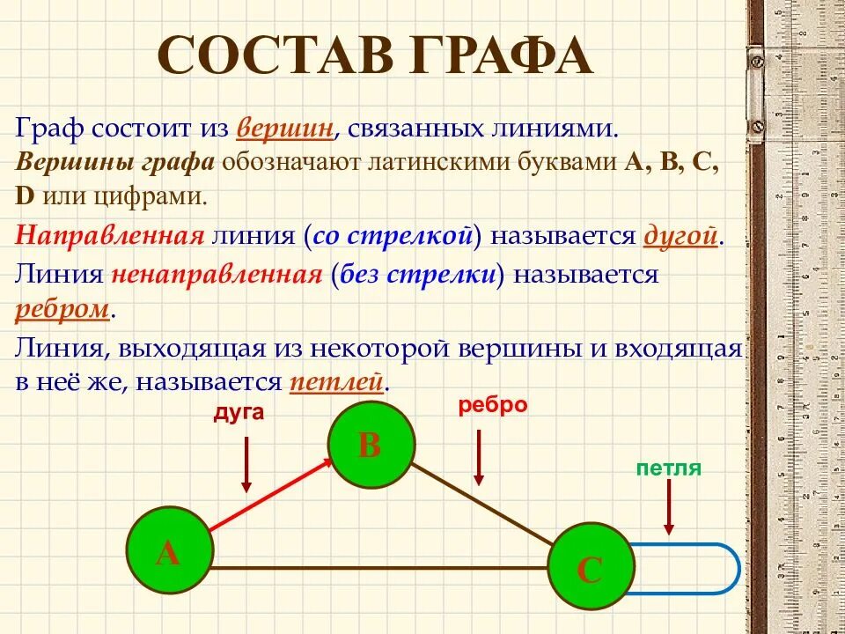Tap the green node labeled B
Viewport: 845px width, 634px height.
point(371,444)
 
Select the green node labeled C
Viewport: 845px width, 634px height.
point(590,568)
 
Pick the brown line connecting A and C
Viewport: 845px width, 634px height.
point(378,568)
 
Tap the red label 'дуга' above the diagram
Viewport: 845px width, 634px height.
point(238,412)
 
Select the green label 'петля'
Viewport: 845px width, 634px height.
point(669,468)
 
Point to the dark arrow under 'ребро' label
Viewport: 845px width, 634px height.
point(479,456)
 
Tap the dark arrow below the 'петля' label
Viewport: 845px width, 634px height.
point(669,507)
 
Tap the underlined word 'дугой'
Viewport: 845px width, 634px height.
point(683,236)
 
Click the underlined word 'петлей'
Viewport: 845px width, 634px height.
point(337,383)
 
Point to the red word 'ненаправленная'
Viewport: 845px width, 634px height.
point(217,275)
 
